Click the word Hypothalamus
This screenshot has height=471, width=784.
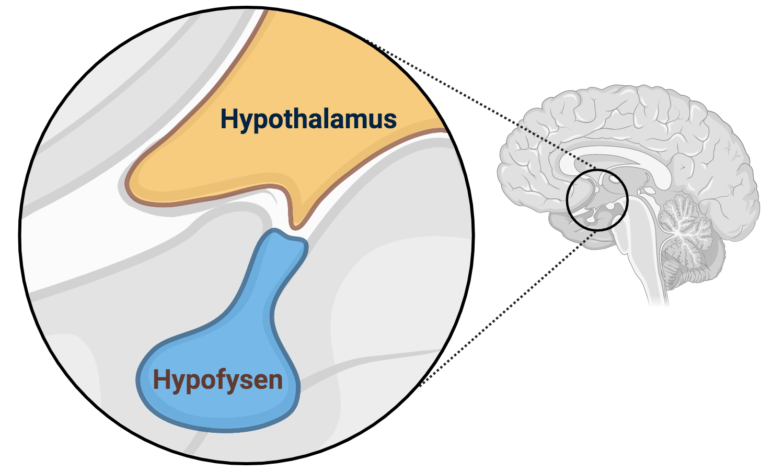pyautogui.click(x=308, y=119)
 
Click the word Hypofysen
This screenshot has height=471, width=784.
pyautogui.click(x=217, y=379)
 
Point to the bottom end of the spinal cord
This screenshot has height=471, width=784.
pyautogui.click(x=659, y=301)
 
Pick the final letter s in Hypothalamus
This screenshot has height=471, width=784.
pyautogui.click(x=390, y=120)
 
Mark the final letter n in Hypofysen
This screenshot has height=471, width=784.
pyautogui.click(x=275, y=380)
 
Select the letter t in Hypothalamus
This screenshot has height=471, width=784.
pyautogui.click(x=286, y=119)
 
